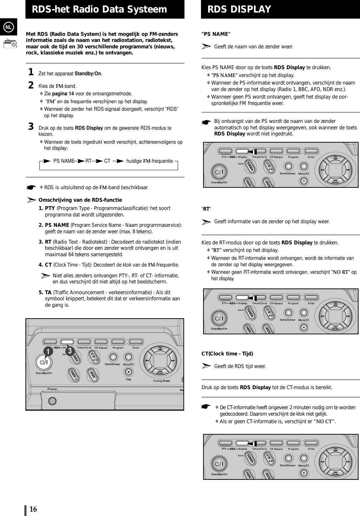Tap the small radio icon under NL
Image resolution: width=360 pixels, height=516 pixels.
coord(10,44)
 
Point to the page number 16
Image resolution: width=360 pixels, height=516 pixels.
coord(33,509)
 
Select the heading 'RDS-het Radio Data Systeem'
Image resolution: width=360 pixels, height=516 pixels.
coord(100,9)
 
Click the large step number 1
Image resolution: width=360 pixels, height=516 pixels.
coord(31,73)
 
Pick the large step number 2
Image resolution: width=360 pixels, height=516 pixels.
coord(31,85)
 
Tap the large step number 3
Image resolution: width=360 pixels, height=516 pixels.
coord(31,127)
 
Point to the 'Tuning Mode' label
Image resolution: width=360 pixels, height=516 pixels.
coord(161,381)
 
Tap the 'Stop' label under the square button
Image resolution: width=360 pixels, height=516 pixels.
coord(128,379)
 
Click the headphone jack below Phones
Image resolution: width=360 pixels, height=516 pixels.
coord(52,401)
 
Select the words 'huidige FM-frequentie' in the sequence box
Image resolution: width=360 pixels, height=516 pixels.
coord(149,161)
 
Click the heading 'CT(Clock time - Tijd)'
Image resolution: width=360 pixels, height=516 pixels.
coord(227,354)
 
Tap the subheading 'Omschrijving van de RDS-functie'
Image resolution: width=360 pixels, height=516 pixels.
coord(80,200)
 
